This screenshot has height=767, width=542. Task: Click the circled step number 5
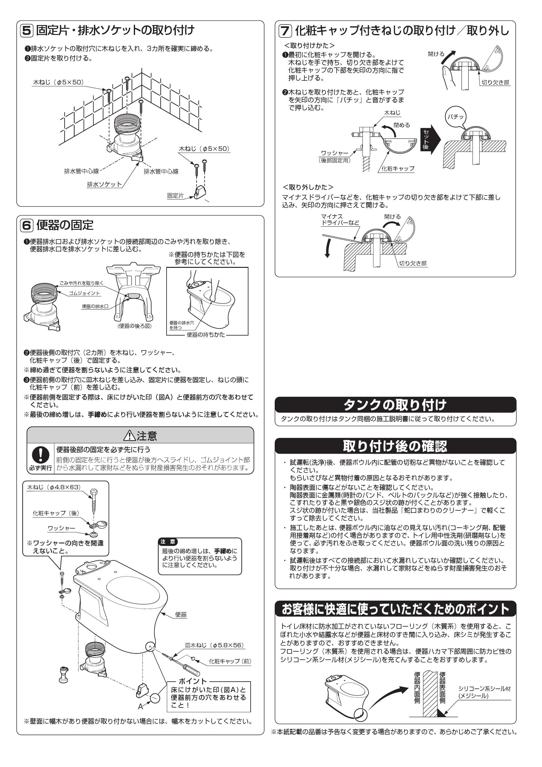27,31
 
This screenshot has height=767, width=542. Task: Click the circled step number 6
27,225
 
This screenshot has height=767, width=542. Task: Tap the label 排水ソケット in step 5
104,184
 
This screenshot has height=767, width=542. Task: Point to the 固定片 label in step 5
176,196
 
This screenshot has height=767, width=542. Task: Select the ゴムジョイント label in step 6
84,293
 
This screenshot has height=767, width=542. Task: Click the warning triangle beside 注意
129,436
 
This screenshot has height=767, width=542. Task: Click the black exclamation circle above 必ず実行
40,455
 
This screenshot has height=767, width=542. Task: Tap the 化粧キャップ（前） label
230,661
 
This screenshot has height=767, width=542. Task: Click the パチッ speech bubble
455,117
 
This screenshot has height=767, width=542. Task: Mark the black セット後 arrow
430,139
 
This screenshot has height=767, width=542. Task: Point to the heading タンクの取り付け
395,405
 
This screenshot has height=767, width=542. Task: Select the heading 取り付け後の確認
395,446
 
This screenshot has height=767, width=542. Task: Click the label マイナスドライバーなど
340,220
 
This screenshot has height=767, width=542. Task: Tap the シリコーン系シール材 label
484,688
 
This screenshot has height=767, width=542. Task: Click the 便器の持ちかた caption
205,335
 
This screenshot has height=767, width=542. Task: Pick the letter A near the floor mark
141,706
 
